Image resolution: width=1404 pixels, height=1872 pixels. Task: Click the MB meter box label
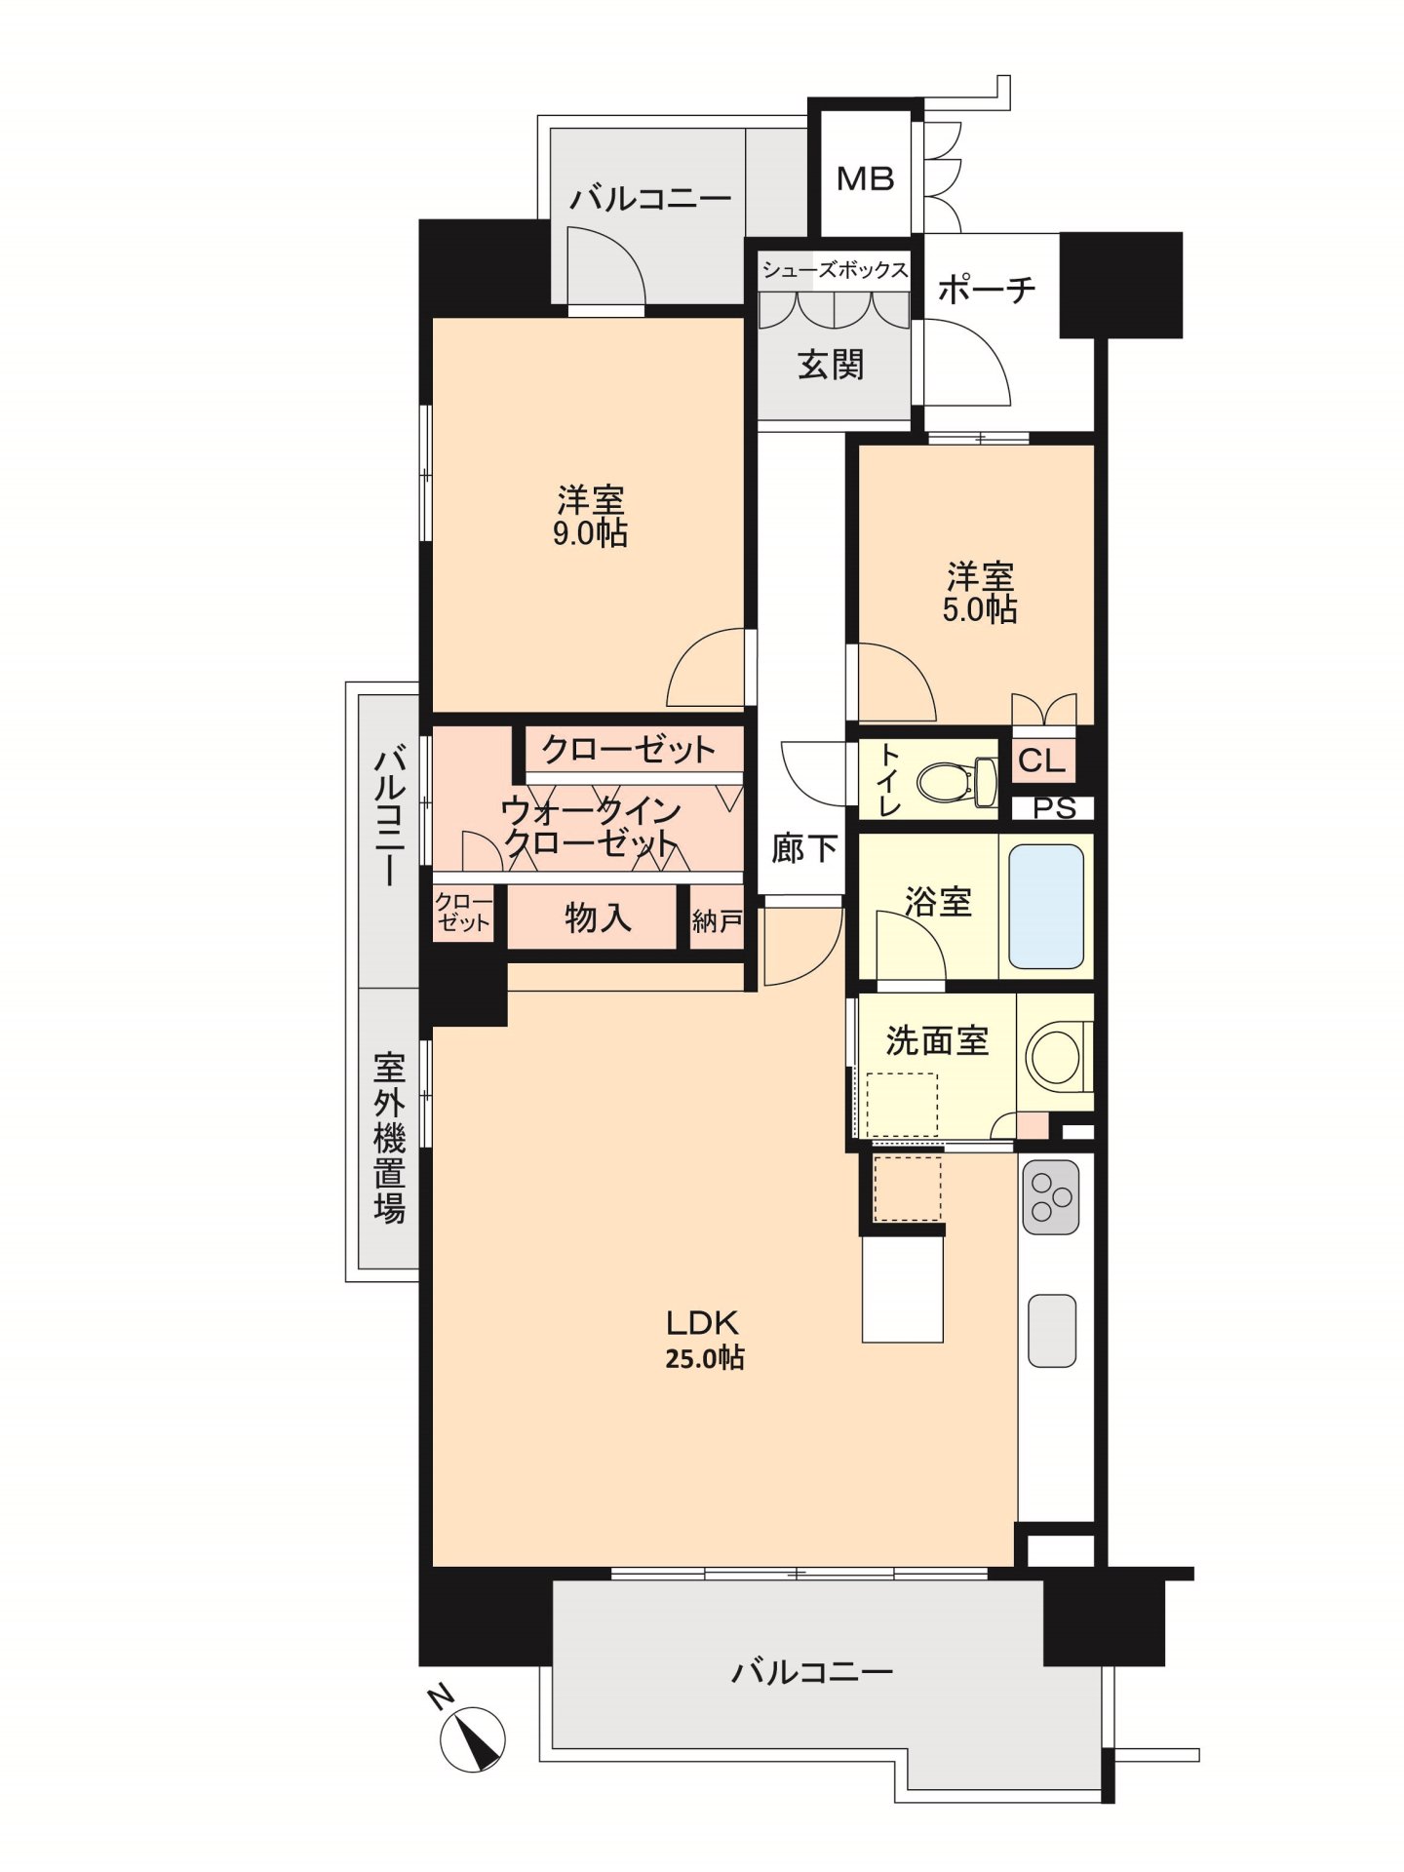point(866,179)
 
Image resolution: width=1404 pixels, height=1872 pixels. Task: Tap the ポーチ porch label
point(986,290)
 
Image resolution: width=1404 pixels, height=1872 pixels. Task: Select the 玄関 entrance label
point(832,365)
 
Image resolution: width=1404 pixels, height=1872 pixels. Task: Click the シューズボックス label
point(835,270)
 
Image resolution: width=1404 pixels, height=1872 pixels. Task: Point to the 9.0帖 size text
point(590,534)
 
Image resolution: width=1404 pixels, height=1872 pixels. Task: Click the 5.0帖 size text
point(980,610)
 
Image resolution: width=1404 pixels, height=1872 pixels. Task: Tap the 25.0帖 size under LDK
point(705,1358)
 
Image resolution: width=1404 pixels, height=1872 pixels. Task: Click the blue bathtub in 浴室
point(1046,906)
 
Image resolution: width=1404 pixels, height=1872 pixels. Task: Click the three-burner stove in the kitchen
point(1051,1196)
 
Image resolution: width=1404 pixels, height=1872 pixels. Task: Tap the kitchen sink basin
point(1052,1331)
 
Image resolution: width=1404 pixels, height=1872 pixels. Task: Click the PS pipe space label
point(1054,808)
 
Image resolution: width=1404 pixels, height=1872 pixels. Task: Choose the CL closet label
point(1042,760)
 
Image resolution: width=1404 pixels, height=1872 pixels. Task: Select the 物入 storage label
point(598,917)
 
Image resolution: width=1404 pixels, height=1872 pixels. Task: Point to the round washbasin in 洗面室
point(1054,1055)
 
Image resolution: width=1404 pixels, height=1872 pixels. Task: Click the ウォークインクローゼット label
point(590,827)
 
